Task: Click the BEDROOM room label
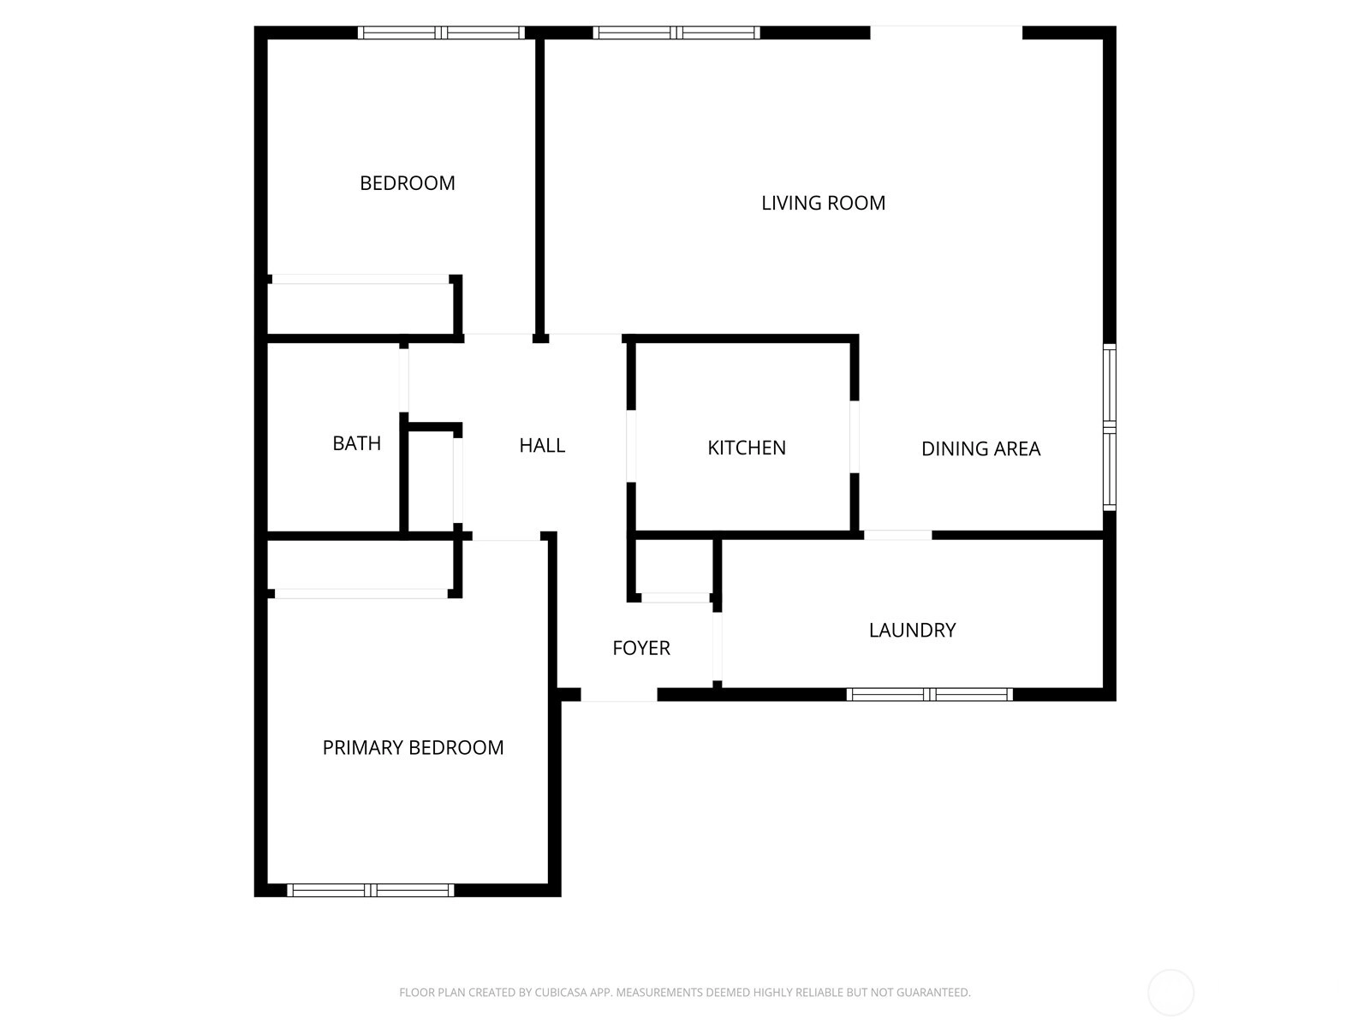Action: tap(407, 182)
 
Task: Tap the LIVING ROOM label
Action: tap(823, 203)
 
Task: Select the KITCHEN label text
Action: tap(746, 447)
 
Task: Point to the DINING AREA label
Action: tap(980, 448)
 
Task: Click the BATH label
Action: tap(356, 442)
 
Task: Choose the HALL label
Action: tap(542, 444)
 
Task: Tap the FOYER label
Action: tap(641, 648)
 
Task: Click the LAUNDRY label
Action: tap(912, 630)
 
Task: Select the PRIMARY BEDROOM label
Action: tap(413, 747)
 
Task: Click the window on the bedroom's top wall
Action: tap(441, 33)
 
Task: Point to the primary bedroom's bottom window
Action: tap(370, 890)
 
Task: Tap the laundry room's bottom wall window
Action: tap(929, 694)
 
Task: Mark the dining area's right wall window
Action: tap(1109, 427)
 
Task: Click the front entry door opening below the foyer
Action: tap(618, 694)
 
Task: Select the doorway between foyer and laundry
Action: tap(718, 647)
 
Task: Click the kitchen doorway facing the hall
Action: tap(631, 445)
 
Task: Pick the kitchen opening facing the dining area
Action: tap(855, 436)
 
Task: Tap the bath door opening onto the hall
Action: tap(404, 380)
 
